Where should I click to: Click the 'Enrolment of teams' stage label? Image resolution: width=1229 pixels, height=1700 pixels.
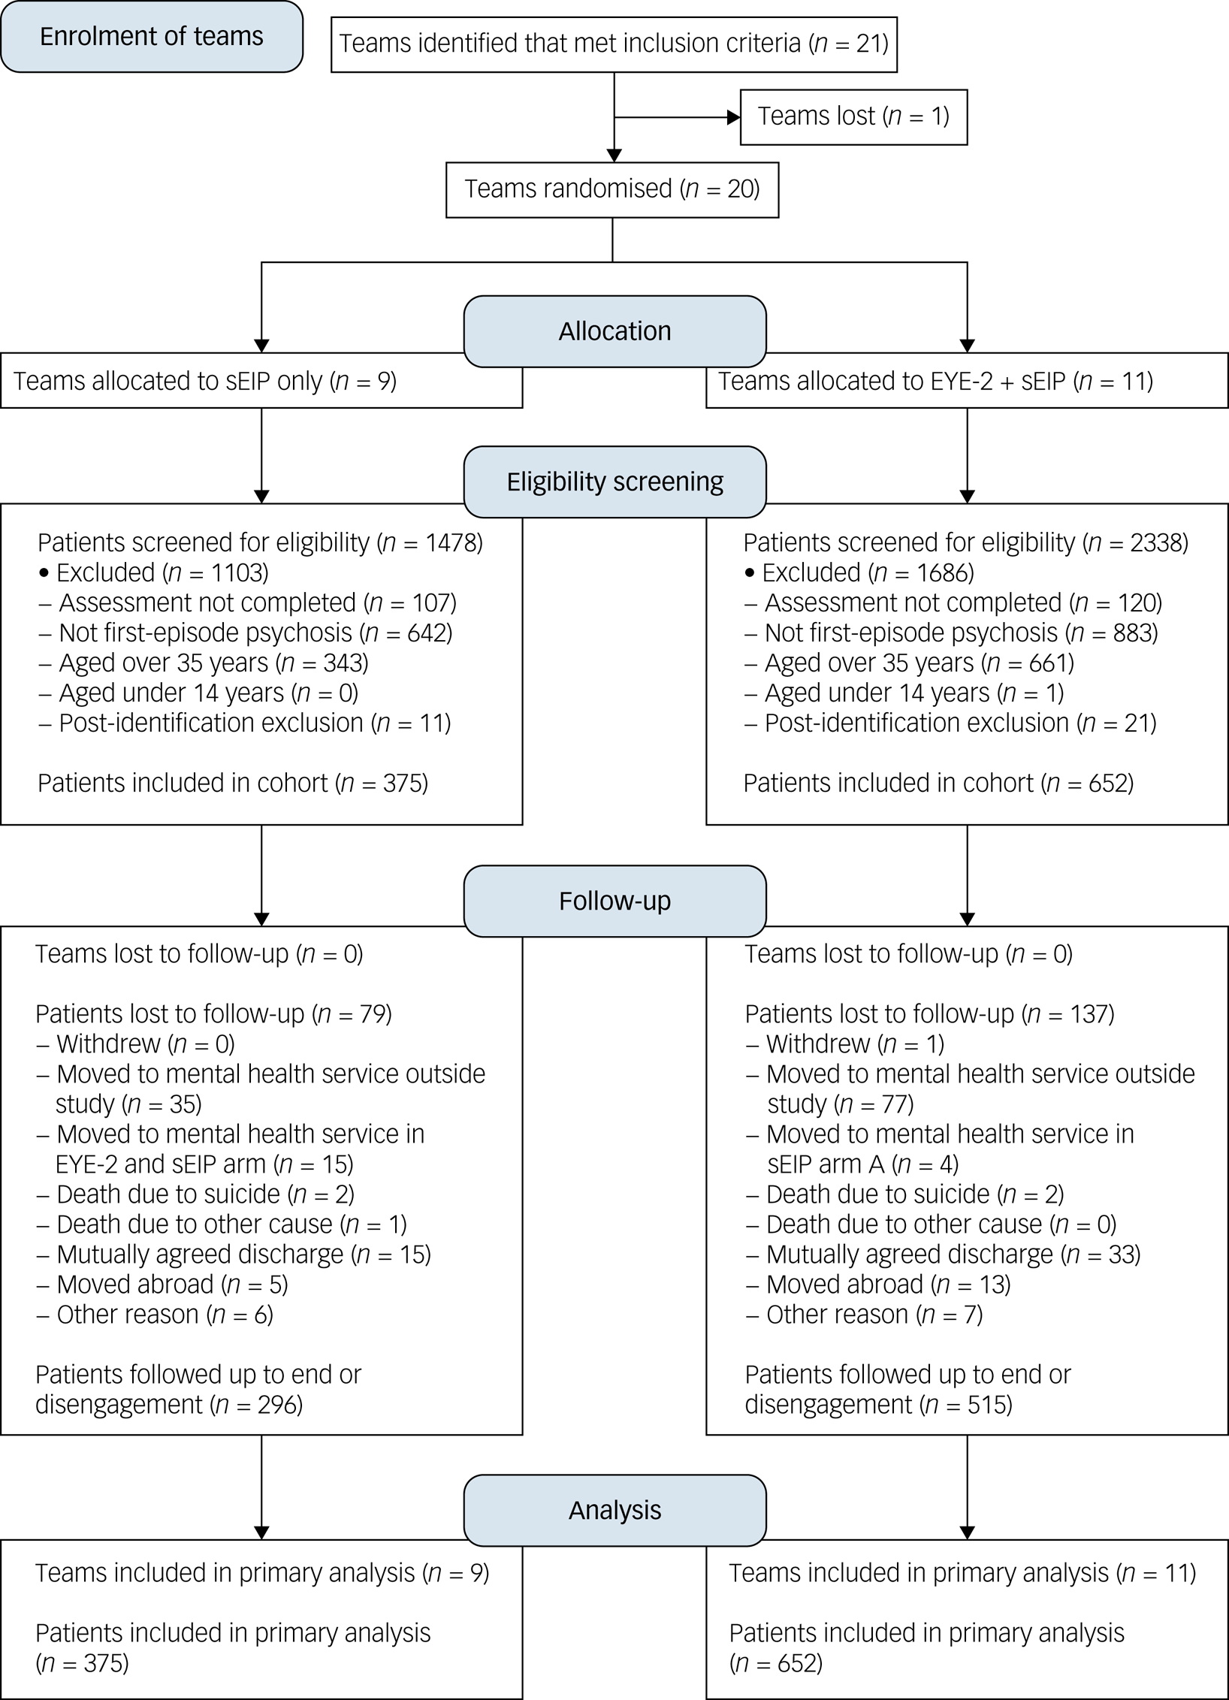152,37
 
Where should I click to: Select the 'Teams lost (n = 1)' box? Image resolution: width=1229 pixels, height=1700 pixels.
853,117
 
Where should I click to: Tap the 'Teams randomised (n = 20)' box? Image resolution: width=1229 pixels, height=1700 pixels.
612,190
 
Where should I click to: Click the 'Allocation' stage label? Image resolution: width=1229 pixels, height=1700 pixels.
614,331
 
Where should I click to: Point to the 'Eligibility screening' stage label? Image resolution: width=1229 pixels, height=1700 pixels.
614,482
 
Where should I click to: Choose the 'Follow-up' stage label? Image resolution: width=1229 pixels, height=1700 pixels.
614,901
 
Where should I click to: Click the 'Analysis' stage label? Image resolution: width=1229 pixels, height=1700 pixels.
614,1510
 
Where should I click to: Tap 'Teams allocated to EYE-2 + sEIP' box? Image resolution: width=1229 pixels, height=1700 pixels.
967,381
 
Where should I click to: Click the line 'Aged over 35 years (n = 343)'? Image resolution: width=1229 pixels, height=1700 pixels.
204,663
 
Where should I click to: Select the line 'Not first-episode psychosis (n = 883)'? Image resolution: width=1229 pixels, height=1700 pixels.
951,633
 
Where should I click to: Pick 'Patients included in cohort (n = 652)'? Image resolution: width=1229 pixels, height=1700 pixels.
938,783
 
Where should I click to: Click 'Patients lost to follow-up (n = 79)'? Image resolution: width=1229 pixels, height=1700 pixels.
213,1014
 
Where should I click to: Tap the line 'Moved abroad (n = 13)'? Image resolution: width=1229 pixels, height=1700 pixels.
878,1285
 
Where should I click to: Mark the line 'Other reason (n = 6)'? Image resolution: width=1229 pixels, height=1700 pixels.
155,1315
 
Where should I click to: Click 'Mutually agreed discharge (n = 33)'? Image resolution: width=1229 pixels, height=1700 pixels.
943,1255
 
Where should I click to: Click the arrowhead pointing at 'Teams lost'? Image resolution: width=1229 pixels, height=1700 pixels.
734,117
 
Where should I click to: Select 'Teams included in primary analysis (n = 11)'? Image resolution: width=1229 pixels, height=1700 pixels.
962,1573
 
